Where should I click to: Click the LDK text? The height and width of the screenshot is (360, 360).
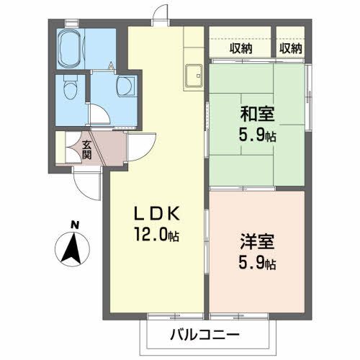pyautogui.click(x=160, y=214)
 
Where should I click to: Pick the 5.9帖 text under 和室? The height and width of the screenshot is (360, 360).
pyautogui.click(x=256, y=134)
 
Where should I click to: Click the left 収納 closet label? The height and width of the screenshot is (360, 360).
pyautogui.click(x=241, y=48)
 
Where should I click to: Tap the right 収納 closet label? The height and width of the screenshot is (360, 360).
pyautogui.click(x=291, y=48)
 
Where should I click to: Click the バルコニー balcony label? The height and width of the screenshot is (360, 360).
pyautogui.click(x=204, y=335)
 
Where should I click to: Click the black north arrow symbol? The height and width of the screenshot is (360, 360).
pyautogui.click(x=72, y=251)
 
